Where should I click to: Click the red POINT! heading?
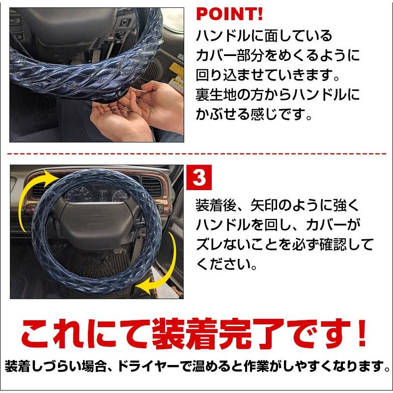(229, 13)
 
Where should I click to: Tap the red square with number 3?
(199, 178)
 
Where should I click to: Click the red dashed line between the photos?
(196, 153)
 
